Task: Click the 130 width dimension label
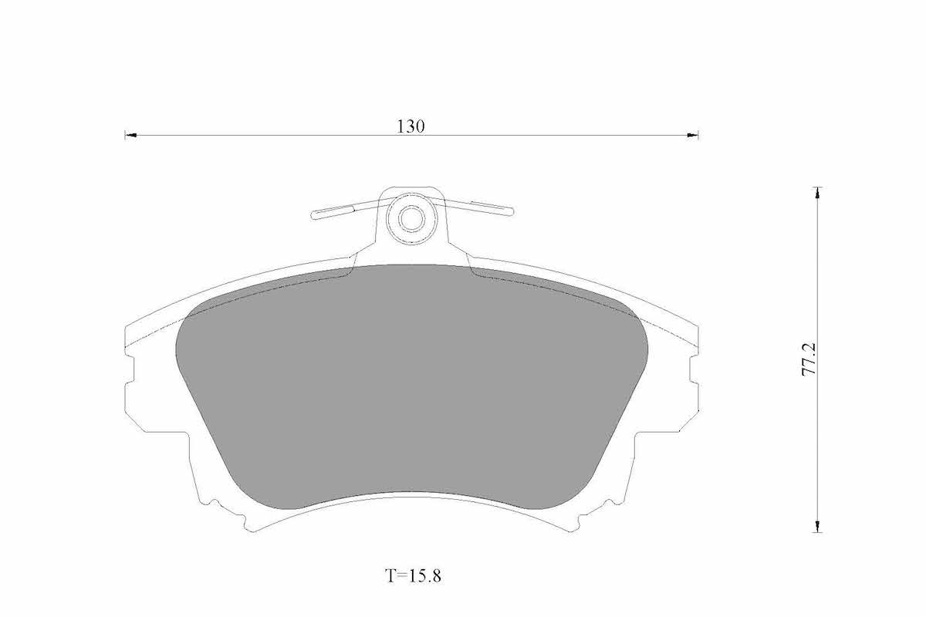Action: coord(411,126)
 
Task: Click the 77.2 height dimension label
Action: coord(809,359)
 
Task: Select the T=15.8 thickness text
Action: coord(413,575)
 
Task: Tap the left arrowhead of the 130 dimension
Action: coord(130,135)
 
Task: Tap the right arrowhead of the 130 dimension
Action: coord(692,135)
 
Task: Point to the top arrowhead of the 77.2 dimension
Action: coord(817,194)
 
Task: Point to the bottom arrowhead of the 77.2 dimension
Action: coord(817,526)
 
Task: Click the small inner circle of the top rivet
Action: coord(412,218)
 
